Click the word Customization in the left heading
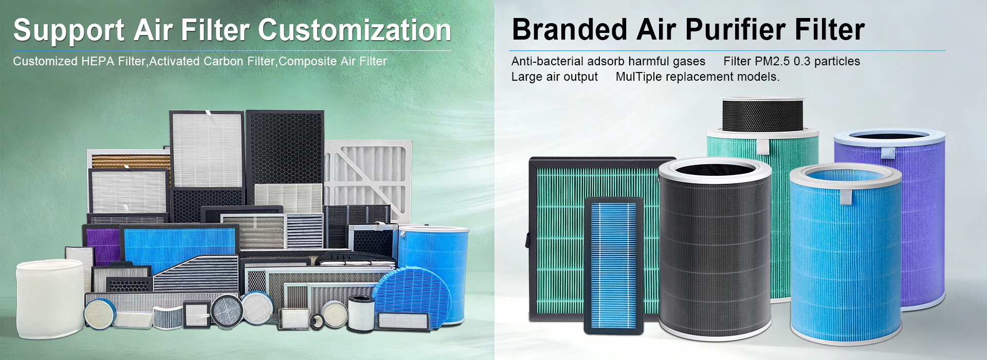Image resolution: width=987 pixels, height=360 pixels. pos(354,30)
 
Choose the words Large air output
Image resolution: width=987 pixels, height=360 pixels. pos(554,77)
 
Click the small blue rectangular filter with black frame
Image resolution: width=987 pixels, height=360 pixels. pos(614,265)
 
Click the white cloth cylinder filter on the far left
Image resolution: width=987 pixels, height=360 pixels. pos(49,299)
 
